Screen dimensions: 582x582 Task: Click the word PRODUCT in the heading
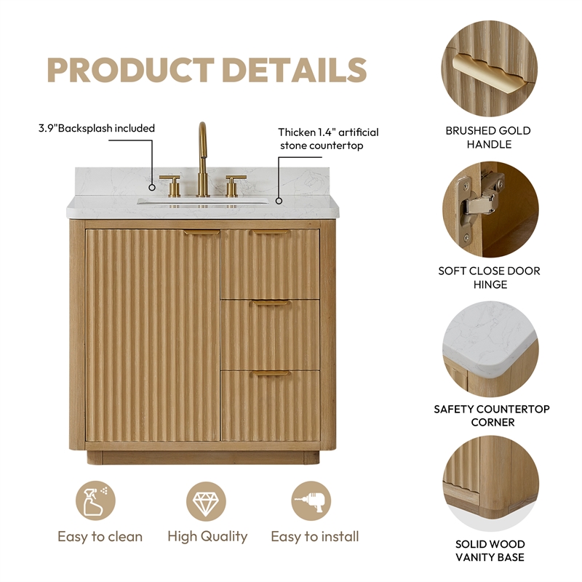[x=131, y=70]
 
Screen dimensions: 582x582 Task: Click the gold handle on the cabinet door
[x=202, y=232]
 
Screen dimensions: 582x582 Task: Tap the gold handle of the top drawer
[x=270, y=232]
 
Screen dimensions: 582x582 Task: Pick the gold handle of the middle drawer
[x=270, y=303]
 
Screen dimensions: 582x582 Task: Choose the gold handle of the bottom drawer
[x=270, y=373]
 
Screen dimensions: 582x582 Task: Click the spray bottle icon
[x=95, y=501]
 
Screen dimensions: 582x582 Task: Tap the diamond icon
[x=206, y=501]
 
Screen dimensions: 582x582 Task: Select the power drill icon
[x=311, y=501]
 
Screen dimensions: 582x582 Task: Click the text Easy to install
[x=315, y=537]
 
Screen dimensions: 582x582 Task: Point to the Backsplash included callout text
[x=97, y=129]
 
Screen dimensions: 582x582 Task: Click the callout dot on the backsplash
[x=152, y=188]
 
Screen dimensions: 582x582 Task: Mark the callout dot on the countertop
[x=279, y=201]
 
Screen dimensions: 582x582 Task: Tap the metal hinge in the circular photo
[x=479, y=208]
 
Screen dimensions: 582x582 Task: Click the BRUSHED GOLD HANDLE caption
[x=488, y=137]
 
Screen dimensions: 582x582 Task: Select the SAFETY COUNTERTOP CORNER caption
[x=492, y=415]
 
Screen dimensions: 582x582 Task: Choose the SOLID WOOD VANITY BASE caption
[x=490, y=551]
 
